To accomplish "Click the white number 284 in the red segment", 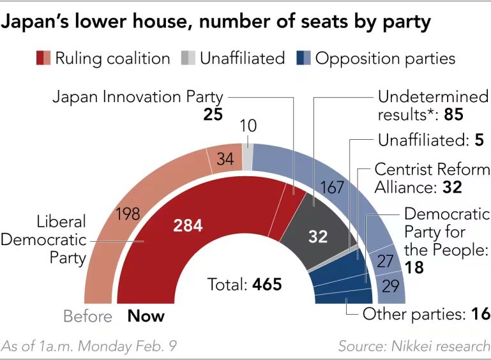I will click(x=188, y=225).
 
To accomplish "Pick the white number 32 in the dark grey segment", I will click(x=317, y=237).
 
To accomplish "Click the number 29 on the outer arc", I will click(x=390, y=285).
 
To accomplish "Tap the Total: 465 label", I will click(x=245, y=284).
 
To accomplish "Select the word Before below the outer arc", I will click(x=87, y=316).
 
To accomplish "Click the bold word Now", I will click(x=146, y=316).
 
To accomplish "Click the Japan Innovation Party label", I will click(x=137, y=97).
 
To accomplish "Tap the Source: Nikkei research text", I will click(x=414, y=346).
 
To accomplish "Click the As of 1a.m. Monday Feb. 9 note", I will click(x=89, y=346).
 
